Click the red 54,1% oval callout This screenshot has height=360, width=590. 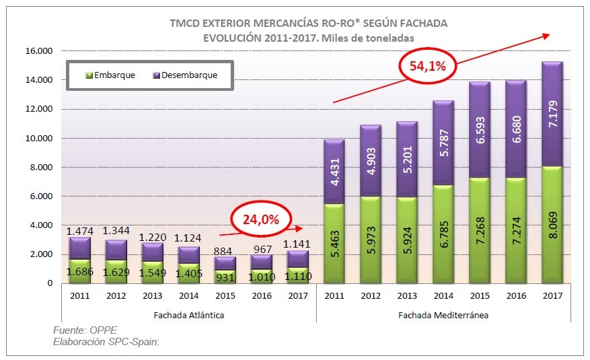coord(429,65)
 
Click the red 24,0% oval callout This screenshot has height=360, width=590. coord(262,219)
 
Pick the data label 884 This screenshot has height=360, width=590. coord(225,252)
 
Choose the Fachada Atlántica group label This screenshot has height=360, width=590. coord(189,314)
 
